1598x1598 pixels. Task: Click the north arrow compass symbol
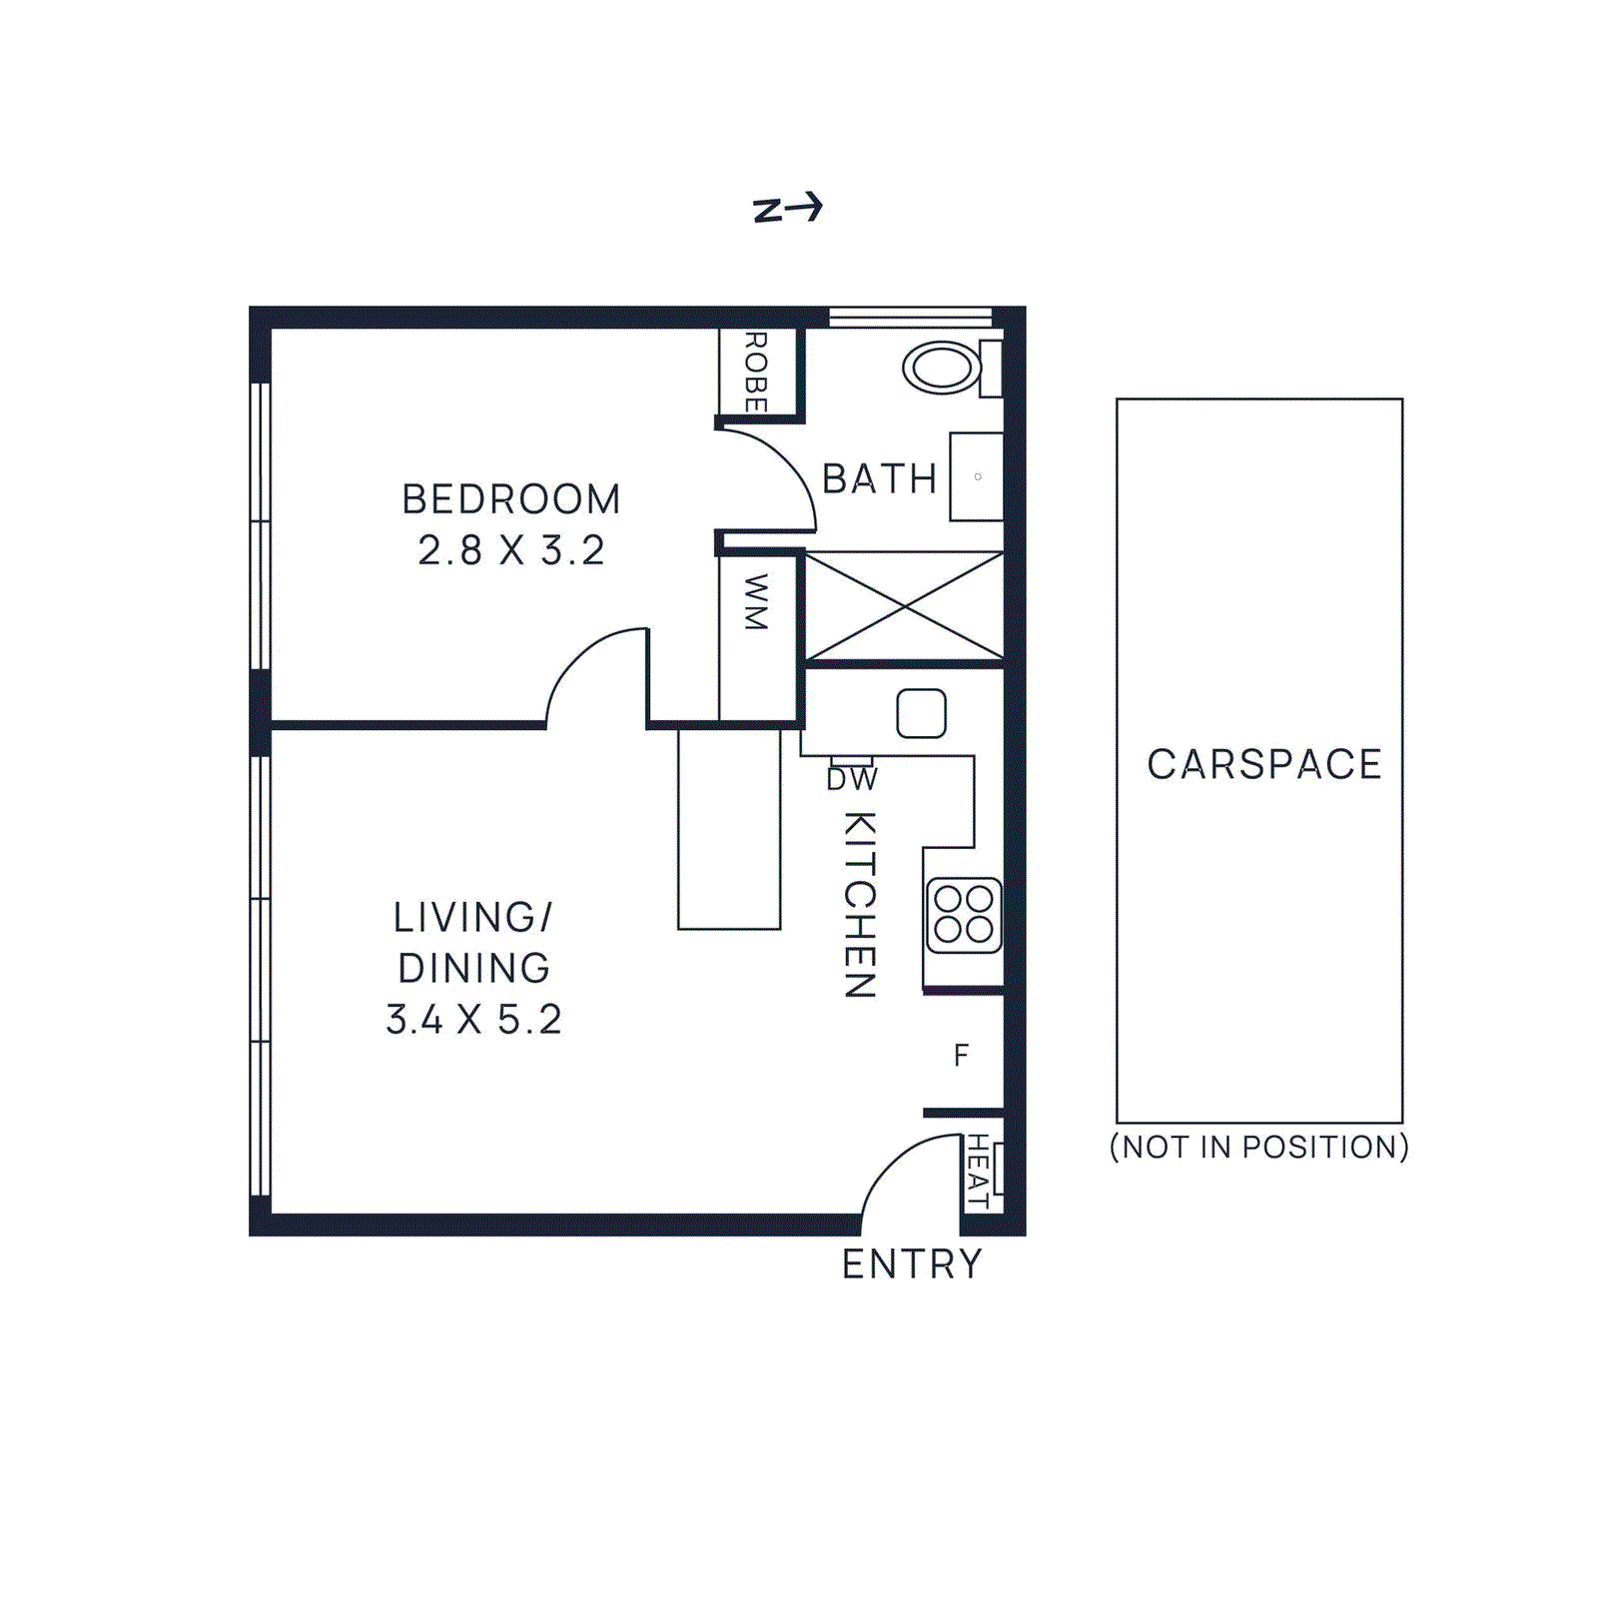(x=788, y=208)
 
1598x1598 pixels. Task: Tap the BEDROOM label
(x=510, y=499)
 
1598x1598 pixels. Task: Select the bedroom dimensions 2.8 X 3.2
(x=510, y=550)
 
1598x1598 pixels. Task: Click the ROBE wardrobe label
(x=756, y=373)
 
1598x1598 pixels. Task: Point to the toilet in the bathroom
(x=943, y=368)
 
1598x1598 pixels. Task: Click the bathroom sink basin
(x=976, y=476)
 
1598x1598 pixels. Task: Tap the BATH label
(x=879, y=479)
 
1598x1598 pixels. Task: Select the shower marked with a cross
(x=904, y=606)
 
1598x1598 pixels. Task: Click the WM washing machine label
(x=756, y=602)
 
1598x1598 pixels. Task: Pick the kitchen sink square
(x=921, y=713)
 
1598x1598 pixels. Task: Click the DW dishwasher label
(x=851, y=780)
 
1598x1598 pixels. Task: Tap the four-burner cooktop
(x=963, y=915)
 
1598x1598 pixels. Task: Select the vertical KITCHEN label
(x=860, y=904)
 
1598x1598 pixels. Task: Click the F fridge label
(x=961, y=1056)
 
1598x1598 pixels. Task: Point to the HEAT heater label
(x=978, y=1171)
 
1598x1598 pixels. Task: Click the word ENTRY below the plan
(x=912, y=1264)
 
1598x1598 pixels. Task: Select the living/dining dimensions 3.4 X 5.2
(x=473, y=1020)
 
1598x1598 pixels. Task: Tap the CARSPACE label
(x=1263, y=765)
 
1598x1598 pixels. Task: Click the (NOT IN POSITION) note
(x=1258, y=1147)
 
